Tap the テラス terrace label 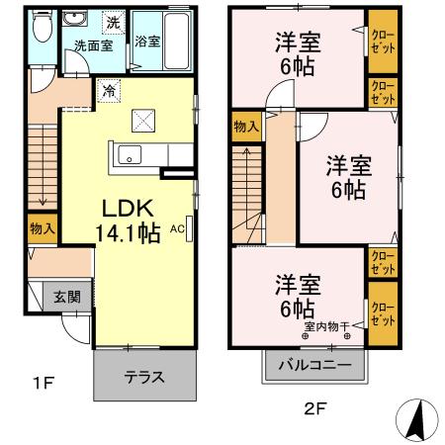pos(143,377)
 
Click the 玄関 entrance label pos(68,298)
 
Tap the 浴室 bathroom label pos(148,42)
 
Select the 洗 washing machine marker pos(112,22)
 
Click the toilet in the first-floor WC pos(39,31)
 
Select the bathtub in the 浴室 pos(177,41)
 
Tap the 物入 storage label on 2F pos(246,126)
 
